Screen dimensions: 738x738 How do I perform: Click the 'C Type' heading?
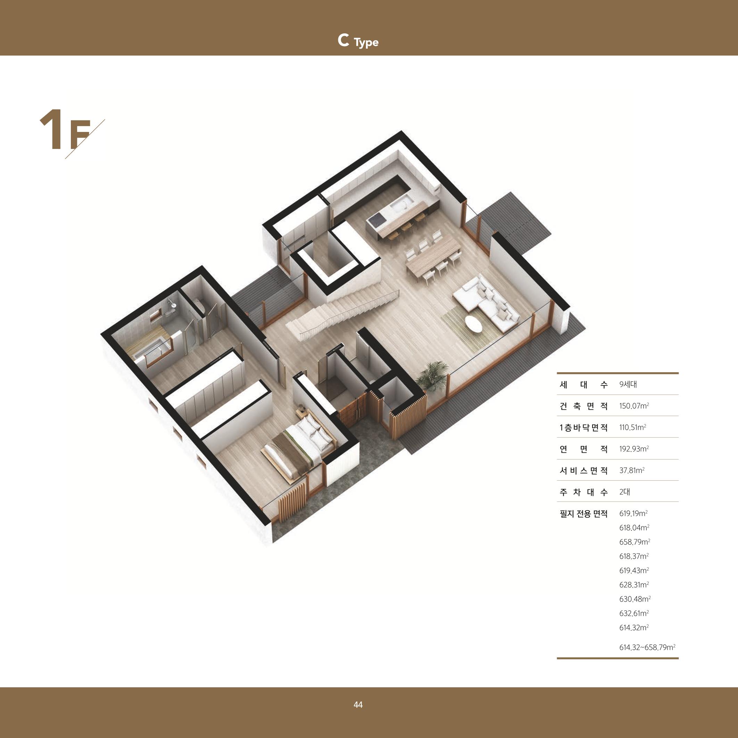point(358,41)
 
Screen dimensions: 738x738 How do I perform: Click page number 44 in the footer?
point(358,705)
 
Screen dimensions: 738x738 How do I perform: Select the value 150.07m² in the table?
point(634,406)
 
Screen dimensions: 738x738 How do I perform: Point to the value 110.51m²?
point(632,427)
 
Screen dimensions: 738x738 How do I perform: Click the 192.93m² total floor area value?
point(634,448)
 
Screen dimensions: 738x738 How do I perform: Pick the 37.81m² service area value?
point(632,470)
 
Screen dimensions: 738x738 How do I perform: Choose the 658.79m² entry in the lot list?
point(635,542)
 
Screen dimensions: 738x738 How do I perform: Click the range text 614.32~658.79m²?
point(647,647)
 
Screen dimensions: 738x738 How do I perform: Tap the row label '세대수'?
point(583,384)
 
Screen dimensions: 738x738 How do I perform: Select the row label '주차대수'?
point(583,492)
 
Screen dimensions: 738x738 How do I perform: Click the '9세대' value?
point(628,384)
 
